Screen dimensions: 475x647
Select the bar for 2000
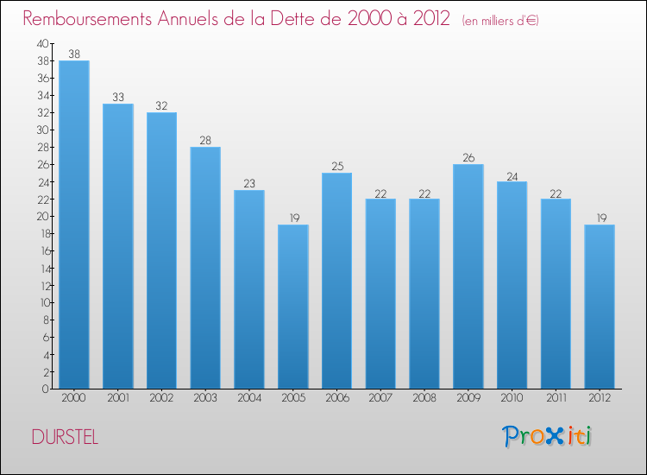pos(74,225)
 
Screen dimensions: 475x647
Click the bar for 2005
pos(293,307)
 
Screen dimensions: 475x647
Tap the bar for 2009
pos(468,276)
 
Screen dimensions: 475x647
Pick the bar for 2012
pos(600,307)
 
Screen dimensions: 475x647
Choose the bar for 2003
pos(205,268)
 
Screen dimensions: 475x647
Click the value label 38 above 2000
pos(74,54)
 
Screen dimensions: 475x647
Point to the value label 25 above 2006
pos(337,166)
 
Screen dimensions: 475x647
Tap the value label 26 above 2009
pos(468,157)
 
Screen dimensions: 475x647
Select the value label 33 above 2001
pos(118,97)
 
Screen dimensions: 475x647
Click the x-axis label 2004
pos(249,398)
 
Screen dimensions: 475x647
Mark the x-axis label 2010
pos(512,398)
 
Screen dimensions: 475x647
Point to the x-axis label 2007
pos(380,398)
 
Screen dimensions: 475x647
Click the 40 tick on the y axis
pos(42,43)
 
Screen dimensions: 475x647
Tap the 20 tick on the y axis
pos(42,216)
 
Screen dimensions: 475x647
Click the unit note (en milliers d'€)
pos(500,21)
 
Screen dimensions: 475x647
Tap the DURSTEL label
pos(65,438)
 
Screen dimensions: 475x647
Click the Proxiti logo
pos(547,436)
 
